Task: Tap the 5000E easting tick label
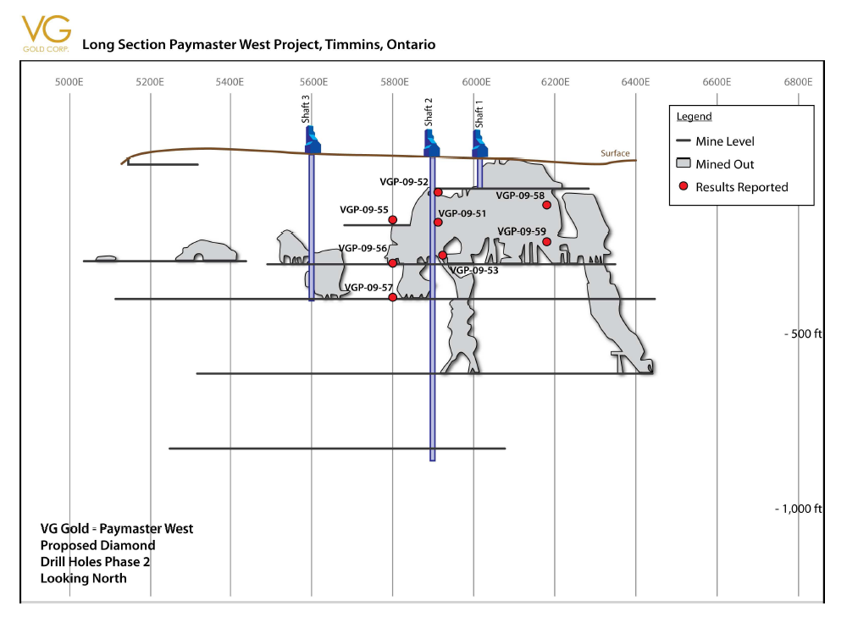[x=69, y=82]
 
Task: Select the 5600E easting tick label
[x=313, y=82]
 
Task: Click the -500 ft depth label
[x=802, y=333]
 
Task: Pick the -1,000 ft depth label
[x=798, y=509]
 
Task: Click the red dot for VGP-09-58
[x=546, y=205]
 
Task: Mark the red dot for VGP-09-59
[x=546, y=242]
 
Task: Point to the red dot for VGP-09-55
[x=393, y=220]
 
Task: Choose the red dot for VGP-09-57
[x=393, y=297]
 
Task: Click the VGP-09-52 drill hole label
[x=404, y=181]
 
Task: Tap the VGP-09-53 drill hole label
[x=474, y=271]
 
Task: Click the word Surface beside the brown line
[x=615, y=153]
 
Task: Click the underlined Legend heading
[x=694, y=117]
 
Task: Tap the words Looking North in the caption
[x=84, y=578]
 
